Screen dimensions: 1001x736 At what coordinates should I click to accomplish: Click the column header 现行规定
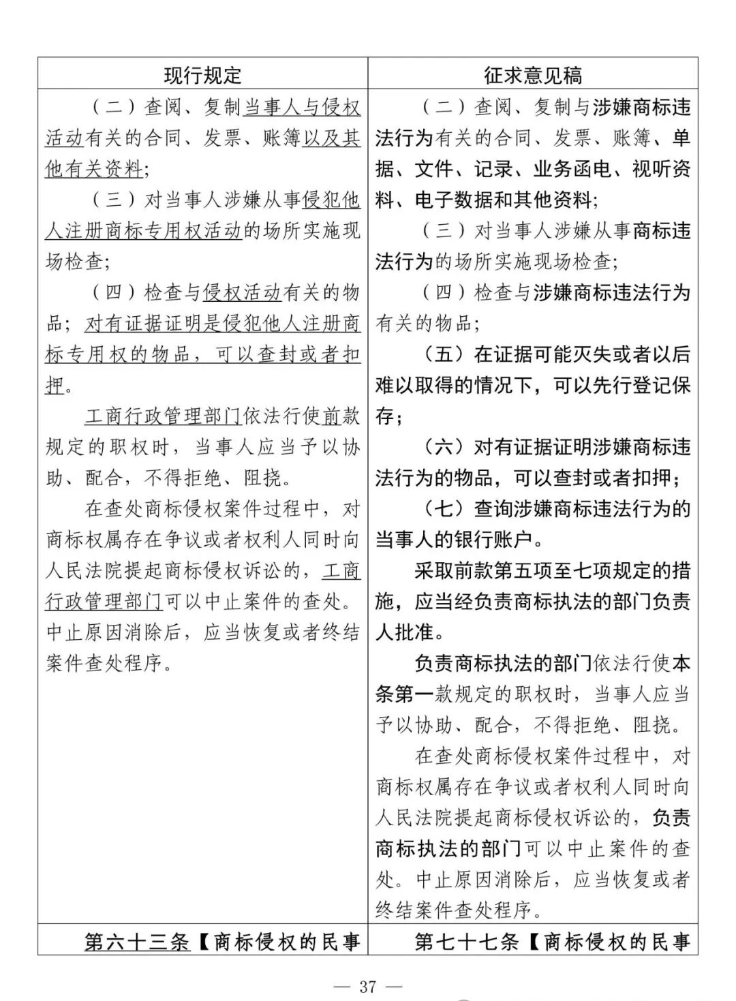[x=202, y=74]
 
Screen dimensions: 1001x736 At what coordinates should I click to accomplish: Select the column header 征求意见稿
[x=533, y=74]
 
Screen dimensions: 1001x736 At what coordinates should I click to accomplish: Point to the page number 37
[x=368, y=986]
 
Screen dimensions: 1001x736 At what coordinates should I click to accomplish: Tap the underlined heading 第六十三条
[x=136, y=942]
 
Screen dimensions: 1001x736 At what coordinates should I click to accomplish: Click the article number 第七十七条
[x=467, y=942]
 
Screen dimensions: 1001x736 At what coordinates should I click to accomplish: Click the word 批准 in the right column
[x=414, y=632]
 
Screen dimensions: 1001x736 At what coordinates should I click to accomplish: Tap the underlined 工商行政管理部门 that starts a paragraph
[x=164, y=416]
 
